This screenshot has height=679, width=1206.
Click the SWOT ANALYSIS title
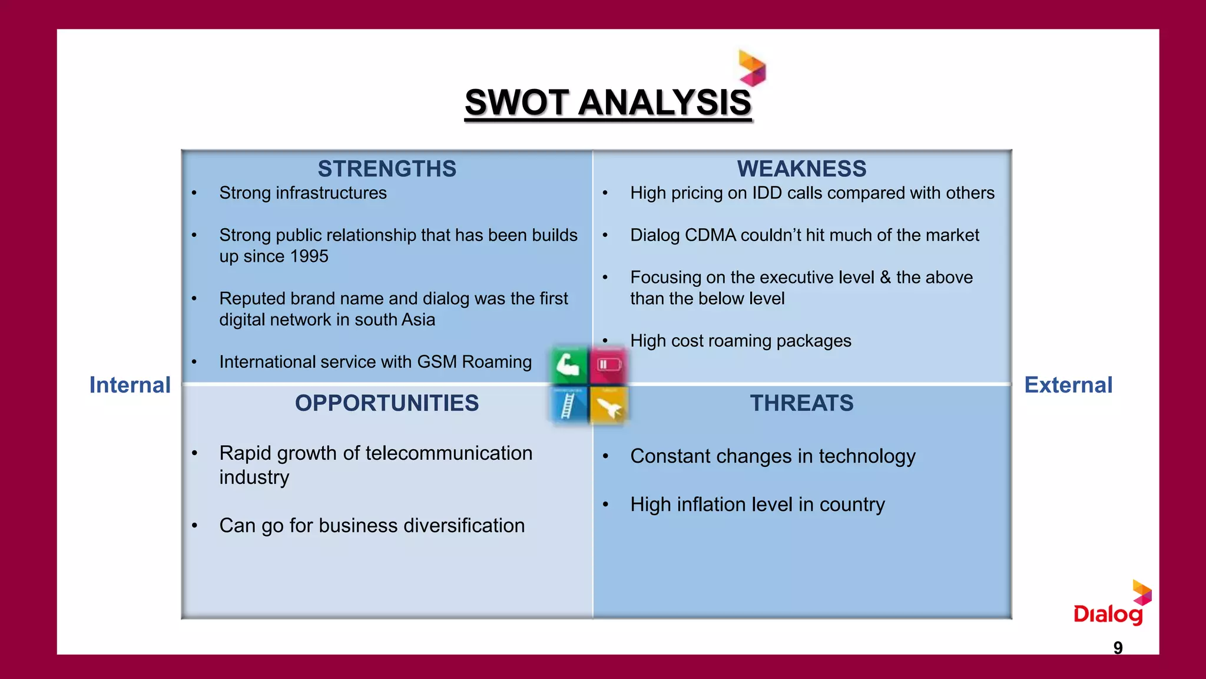coord(608,103)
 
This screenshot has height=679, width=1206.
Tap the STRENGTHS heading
coord(387,169)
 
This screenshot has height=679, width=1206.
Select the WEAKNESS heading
coord(801,169)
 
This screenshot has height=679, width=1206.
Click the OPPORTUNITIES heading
coord(387,403)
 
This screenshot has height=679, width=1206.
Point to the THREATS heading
coord(801,403)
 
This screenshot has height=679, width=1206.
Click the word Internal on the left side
coord(130,385)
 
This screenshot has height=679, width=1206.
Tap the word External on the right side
coord(1068,385)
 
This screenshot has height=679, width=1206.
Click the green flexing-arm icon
coord(569,365)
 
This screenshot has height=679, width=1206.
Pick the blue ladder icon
coord(568,406)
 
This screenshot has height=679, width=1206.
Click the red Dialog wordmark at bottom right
coord(1108,614)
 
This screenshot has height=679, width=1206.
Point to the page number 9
coord(1118,648)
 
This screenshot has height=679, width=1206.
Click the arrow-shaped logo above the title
coord(753,68)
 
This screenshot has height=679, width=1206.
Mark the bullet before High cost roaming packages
coord(605,341)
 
